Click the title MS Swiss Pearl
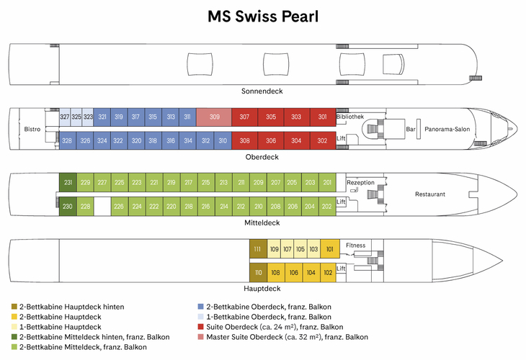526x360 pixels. pyautogui.click(x=262, y=17)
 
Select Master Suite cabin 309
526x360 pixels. pyautogui.click(x=214, y=117)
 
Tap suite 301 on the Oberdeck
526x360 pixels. pyautogui.click(x=322, y=117)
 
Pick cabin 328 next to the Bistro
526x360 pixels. pyautogui.click(x=66, y=140)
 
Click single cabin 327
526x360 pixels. pyautogui.click(x=65, y=117)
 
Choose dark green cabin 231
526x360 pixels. pyautogui.click(x=68, y=182)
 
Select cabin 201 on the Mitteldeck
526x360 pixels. pyautogui.click(x=327, y=182)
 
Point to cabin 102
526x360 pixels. pyautogui.click(x=328, y=272)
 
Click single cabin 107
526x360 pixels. pyautogui.click(x=287, y=249)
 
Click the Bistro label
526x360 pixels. pyautogui.click(x=32, y=129)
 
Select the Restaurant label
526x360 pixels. pyautogui.click(x=430, y=194)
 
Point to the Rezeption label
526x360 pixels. pyautogui.click(x=360, y=182)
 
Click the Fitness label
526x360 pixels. pyautogui.click(x=355, y=246)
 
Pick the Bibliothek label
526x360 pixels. pyautogui.click(x=349, y=117)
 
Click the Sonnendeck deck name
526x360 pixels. pyautogui.click(x=262, y=91)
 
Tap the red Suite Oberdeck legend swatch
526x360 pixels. pyautogui.click(x=200, y=327)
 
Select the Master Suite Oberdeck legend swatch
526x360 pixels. pyautogui.click(x=200, y=337)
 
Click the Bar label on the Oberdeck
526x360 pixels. pyautogui.click(x=411, y=129)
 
